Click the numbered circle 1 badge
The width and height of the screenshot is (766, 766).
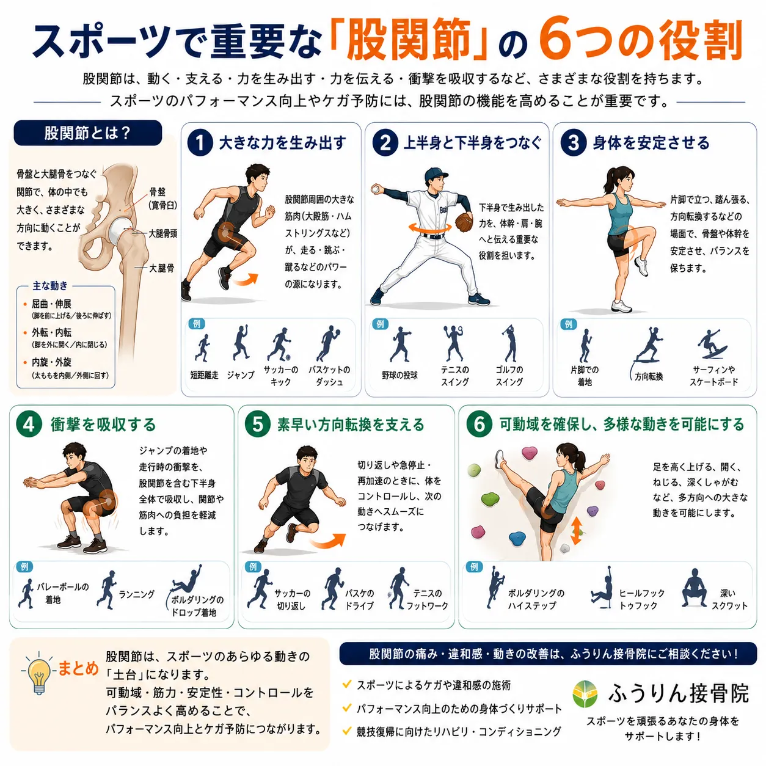[x=200, y=143]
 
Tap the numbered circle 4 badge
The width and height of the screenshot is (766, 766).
[x=29, y=425]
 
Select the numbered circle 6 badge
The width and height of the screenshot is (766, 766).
[x=479, y=425]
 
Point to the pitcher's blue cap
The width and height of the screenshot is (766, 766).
[x=436, y=173]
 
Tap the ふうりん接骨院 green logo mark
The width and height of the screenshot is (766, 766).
[x=585, y=694]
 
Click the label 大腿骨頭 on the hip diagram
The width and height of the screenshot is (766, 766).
[x=162, y=234]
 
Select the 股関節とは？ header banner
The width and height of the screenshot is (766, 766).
[x=88, y=133]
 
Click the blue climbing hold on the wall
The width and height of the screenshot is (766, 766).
[x=517, y=538]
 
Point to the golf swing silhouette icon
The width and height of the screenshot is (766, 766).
[x=509, y=343]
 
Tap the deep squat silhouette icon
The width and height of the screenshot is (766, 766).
[x=694, y=588]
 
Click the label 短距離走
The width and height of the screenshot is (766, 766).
[x=204, y=375]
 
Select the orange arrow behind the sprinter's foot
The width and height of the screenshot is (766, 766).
[x=245, y=280]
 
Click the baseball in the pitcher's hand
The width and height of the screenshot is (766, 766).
[x=375, y=190]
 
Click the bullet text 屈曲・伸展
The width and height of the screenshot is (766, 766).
[x=52, y=304]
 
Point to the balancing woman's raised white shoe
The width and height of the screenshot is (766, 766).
[x=641, y=266]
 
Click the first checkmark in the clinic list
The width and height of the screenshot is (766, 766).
[x=346, y=684]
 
